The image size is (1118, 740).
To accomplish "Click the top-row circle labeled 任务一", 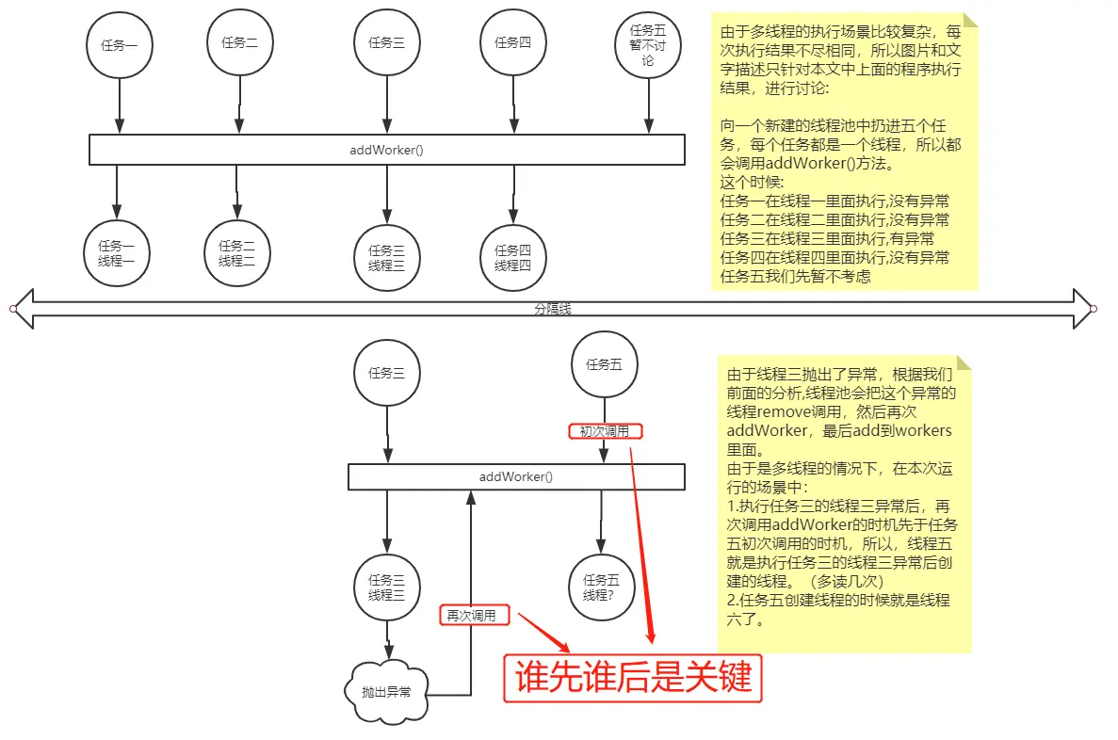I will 120,45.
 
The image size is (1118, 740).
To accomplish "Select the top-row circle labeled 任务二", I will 239,42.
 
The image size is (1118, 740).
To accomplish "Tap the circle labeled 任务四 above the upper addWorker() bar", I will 513,42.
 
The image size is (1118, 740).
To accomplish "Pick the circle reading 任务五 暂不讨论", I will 647,45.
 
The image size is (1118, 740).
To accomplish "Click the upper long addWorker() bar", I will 386,150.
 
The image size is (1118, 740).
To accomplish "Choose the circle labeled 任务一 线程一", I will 117,254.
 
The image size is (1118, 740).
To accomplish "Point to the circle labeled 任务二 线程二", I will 237,253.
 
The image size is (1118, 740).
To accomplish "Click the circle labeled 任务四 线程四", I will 513,258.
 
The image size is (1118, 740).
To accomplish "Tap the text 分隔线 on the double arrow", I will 553,309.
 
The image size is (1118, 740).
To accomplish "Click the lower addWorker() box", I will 516,476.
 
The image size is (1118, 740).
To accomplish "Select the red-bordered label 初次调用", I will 605,431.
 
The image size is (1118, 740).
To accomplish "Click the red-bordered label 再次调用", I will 476,616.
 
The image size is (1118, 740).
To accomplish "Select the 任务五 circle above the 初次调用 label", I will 604,364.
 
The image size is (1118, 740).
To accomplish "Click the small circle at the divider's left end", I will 13,309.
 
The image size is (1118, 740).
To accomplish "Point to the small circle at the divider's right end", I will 1094,309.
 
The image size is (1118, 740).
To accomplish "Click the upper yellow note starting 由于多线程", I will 842,151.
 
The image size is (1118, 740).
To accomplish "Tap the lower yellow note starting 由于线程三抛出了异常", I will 844,503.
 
